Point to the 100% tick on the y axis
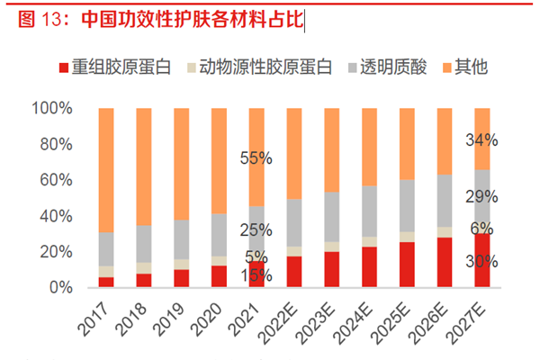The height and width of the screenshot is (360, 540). click(53, 109)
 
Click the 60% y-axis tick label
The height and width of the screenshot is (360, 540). click(57, 180)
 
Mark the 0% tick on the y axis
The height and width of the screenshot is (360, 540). click(60, 287)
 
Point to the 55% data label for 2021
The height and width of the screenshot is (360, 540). click(256, 158)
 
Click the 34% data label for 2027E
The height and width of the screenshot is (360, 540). click(482, 140)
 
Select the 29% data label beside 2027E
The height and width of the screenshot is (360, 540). click(482, 196)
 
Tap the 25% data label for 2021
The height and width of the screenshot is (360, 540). click(256, 230)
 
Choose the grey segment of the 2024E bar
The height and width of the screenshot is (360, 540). click(370, 211)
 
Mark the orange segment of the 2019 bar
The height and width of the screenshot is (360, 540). click(182, 163)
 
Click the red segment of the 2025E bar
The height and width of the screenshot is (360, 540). click(408, 265)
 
